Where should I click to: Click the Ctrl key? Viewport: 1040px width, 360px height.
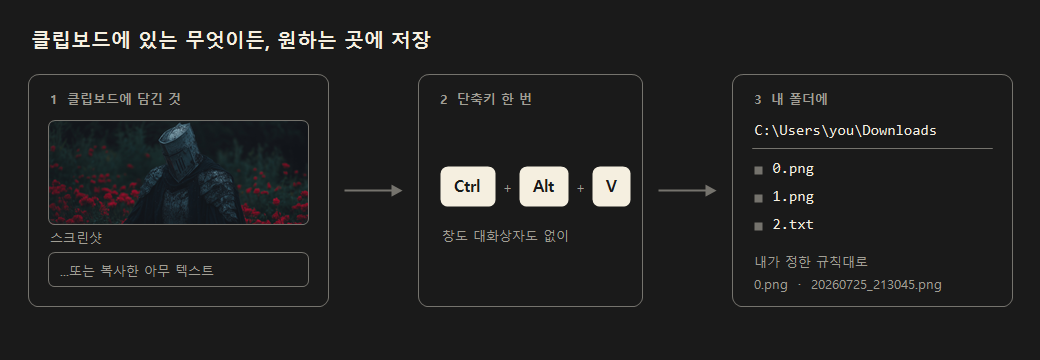coord(468,187)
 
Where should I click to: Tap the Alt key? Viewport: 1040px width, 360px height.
coord(544,187)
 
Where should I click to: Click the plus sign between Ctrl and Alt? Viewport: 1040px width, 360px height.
coord(507,188)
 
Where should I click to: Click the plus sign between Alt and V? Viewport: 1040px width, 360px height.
coord(580,188)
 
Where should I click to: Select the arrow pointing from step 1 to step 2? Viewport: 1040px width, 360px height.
coord(373,191)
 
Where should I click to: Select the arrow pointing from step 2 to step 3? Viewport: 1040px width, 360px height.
coord(687,191)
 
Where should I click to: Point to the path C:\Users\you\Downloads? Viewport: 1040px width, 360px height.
coord(846,131)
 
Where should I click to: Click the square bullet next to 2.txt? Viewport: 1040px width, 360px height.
coord(759,226)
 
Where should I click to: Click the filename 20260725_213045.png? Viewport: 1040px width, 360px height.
coord(876,285)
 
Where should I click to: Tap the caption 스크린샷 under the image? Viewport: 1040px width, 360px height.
coord(76,237)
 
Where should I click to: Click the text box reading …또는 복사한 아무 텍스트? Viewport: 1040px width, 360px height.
coord(178,270)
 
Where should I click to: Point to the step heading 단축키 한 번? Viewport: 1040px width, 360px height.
coord(494,100)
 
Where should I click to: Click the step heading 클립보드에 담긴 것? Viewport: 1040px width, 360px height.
coord(125,100)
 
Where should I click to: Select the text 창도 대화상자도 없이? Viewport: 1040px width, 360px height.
coord(505,236)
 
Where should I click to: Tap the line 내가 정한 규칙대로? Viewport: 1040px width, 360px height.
coord(811,261)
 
